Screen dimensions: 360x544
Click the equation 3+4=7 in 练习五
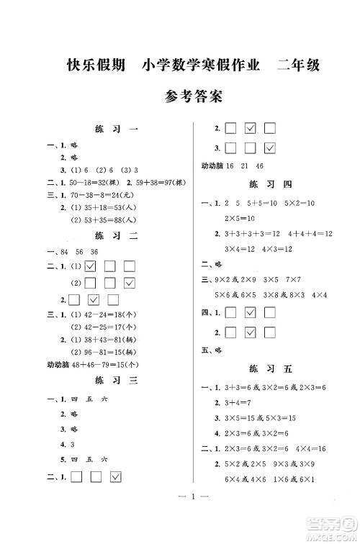coord(235,402)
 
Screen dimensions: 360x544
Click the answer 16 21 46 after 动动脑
coord(242,166)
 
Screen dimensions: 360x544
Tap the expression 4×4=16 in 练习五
coord(309,449)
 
